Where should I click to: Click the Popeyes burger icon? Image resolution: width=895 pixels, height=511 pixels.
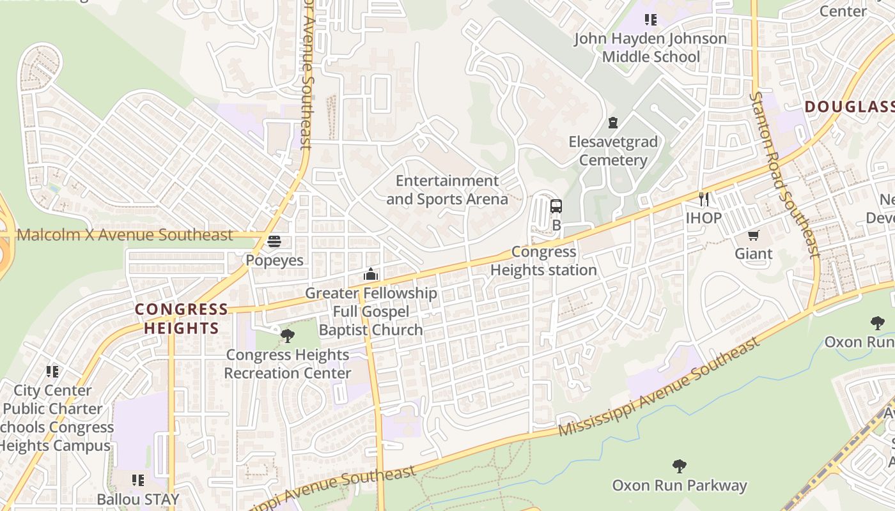coord(274,241)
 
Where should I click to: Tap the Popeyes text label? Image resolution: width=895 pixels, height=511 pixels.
coord(274,261)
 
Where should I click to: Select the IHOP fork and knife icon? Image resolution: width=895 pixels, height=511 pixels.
coord(704,199)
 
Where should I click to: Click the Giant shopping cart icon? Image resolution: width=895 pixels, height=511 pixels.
coord(754,235)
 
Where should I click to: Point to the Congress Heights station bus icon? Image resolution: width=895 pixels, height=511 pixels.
coord(556,206)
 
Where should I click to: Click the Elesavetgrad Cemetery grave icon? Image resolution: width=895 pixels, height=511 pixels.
coord(613,123)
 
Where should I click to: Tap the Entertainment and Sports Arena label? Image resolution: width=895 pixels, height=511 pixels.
coord(447,190)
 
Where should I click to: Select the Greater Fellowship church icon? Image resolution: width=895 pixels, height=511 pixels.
coord(371,275)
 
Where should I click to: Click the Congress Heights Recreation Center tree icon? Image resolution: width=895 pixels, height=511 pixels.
coord(288,335)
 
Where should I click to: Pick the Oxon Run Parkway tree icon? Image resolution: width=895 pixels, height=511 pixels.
coord(680,466)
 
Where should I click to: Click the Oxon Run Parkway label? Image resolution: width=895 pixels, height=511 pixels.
coord(680,485)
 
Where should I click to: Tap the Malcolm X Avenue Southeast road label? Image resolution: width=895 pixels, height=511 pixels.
coord(125,234)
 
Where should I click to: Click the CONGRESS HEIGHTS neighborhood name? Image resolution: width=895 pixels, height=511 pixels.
coord(182,319)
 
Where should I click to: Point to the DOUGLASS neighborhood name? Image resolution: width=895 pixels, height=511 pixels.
coord(849,107)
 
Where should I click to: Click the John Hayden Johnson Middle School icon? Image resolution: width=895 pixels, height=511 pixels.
coord(651,20)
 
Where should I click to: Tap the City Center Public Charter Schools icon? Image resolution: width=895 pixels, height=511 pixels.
coord(52,371)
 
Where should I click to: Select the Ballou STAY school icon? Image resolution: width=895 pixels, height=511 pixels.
coord(138,480)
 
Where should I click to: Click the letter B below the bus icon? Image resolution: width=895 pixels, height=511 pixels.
coord(556,225)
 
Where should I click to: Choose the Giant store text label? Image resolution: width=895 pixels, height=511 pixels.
coord(754,254)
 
